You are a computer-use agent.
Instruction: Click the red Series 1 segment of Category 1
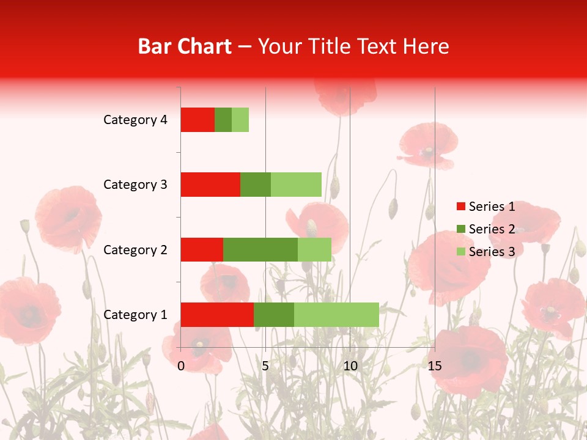pyautogui.click(x=217, y=315)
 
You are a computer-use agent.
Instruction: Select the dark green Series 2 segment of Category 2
pyautogui.click(x=260, y=249)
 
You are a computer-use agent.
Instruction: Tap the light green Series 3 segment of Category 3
pyautogui.click(x=296, y=185)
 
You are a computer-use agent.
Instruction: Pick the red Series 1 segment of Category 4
pyautogui.click(x=198, y=120)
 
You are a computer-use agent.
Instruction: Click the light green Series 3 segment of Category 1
pyautogui.click(x=336, y=315)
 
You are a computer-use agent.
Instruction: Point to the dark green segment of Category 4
pyautogui.click(x=223, y=120)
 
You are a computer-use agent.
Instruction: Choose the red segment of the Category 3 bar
pyautogui.click(x=210, y=185)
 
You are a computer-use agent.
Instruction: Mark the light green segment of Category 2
pyautogui.click(x=314, y=249)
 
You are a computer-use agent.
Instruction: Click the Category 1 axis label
pyautogui.click(x=135, y=315)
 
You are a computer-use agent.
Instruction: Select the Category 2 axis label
pyautogui.click(x=135, y=250)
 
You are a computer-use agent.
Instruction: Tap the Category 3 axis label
pyautogui.click(x=135, y=185)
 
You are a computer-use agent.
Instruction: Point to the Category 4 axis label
pyautogui.click(x=135, y=120)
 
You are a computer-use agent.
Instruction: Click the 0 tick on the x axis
pyautogui.click(x=181, y=366)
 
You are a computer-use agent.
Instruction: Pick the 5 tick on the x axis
pyautogui.click(x=265, y=366)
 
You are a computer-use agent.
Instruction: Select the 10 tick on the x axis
pyautogui.click(x=350, y=366)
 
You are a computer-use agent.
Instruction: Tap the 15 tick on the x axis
pyautogui.click(x=434, y=366)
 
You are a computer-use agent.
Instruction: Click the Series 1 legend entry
pyautogui.click(x=486, y=207)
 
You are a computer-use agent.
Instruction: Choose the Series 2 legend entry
pyautogui.click(x=486, y=229)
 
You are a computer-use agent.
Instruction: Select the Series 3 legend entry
pyautogui.click(x=486, y=252)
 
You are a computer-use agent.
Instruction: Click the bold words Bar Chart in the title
pyautogui.click(x=184, y=46)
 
